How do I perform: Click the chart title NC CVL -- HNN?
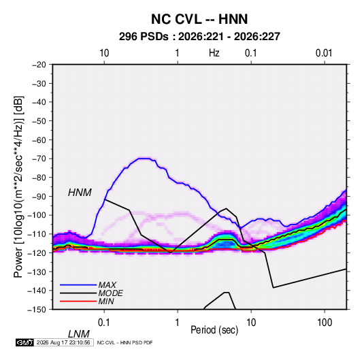click(199, 19)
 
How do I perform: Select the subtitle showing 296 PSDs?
click(199, 37)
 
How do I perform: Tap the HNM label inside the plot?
click(80, 193)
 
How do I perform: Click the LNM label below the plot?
click(79, 334)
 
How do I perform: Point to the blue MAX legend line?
click(78, 285)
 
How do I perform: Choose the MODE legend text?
click(110, 293)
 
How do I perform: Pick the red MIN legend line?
click(78, 301)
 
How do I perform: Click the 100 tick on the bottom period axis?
click(325, 323)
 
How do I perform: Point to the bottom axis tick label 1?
click(178, 323)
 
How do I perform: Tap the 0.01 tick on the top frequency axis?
click(324, 53)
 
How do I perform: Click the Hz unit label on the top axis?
click(214, 53)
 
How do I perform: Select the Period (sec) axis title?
click(214, 330)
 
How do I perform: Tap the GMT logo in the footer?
click(24, 342)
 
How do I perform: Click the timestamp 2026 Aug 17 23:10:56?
click(63, 342)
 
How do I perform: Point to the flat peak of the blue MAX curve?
click(144, 159)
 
